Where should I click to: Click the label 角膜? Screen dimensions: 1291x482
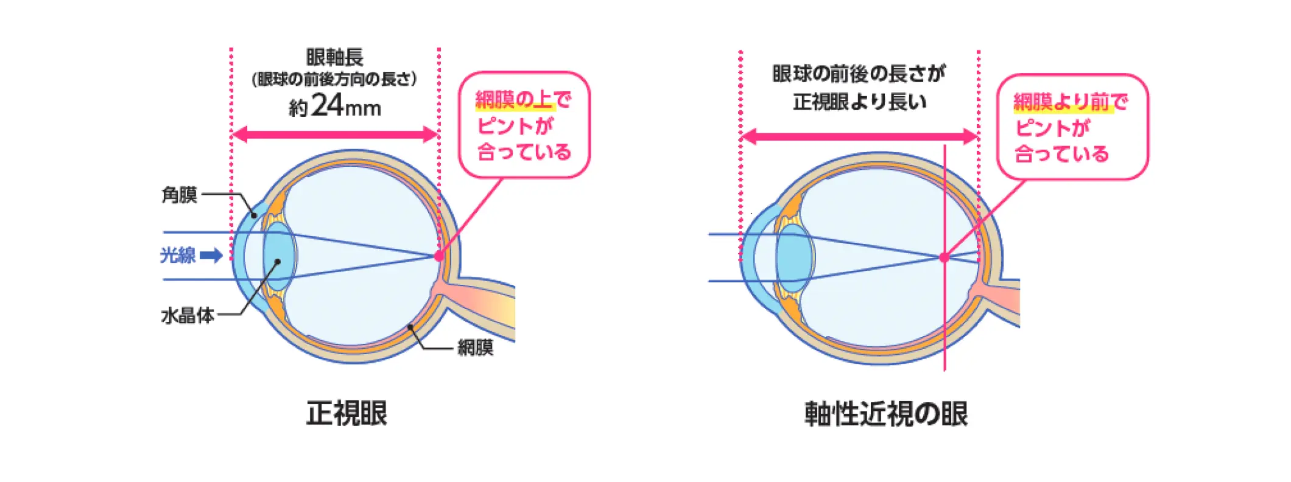179,195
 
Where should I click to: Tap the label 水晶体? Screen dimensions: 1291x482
188,315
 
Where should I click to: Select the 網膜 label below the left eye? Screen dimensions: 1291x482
476,348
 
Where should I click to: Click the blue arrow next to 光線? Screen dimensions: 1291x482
211,255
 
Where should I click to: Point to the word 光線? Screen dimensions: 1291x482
178,255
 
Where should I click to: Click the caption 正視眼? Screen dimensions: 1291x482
346,413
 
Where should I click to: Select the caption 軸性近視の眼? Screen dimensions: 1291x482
886,414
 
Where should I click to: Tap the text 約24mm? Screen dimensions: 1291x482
335,106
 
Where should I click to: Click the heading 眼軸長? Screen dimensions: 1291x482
335,57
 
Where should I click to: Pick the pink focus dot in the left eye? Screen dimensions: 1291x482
438,256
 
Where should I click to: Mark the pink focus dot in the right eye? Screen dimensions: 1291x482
944,257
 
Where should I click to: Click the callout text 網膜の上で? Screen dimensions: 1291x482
523,99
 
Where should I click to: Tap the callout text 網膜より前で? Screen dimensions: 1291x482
1071,102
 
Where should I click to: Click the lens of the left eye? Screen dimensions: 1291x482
280,256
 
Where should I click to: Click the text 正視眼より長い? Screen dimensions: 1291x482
859,102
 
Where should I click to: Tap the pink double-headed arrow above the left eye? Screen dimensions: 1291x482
335,135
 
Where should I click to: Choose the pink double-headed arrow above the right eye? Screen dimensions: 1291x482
859,137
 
